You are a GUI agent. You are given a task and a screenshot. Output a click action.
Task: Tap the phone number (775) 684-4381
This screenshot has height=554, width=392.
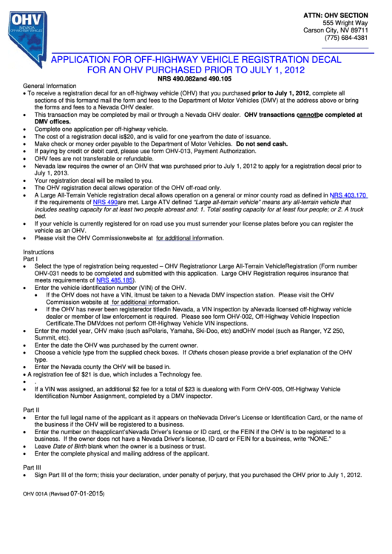[348, 38]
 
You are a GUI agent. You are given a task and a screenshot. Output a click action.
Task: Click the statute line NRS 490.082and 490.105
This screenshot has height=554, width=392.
[195, 78]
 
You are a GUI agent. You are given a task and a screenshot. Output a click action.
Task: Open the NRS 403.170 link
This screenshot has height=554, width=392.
[348, 195]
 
